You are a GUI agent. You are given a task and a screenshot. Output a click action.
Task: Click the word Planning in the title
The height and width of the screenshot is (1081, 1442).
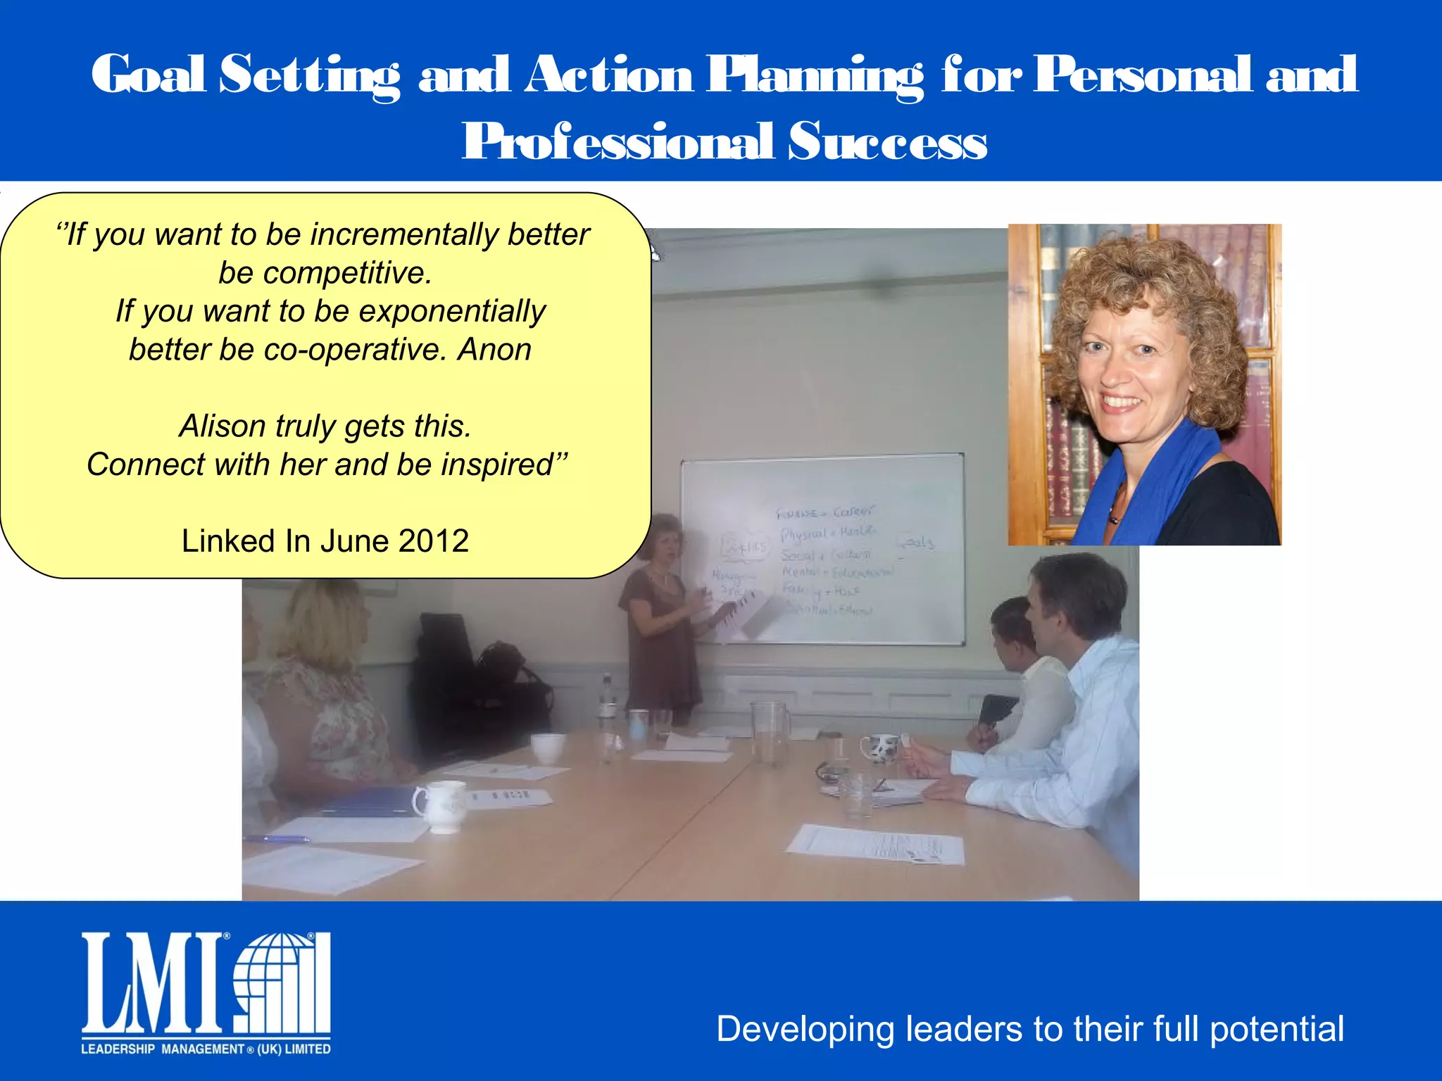click(x=815, y=75)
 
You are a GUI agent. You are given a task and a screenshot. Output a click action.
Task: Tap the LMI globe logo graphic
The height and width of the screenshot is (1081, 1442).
click(x=282, y=983)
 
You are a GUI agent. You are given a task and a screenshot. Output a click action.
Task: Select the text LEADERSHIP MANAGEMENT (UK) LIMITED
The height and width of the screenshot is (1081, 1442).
click(x=206, y=1049)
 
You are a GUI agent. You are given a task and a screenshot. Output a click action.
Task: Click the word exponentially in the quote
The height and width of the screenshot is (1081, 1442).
click(x=451, y=311)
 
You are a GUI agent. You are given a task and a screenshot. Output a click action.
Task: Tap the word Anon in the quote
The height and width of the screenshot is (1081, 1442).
click(x=494, y=350)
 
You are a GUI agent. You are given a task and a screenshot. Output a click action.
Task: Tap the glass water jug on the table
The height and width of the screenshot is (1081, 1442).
click(x=771, y=732)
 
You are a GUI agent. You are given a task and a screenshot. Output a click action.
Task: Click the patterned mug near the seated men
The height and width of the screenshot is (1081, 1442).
click(x=880, y=747)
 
